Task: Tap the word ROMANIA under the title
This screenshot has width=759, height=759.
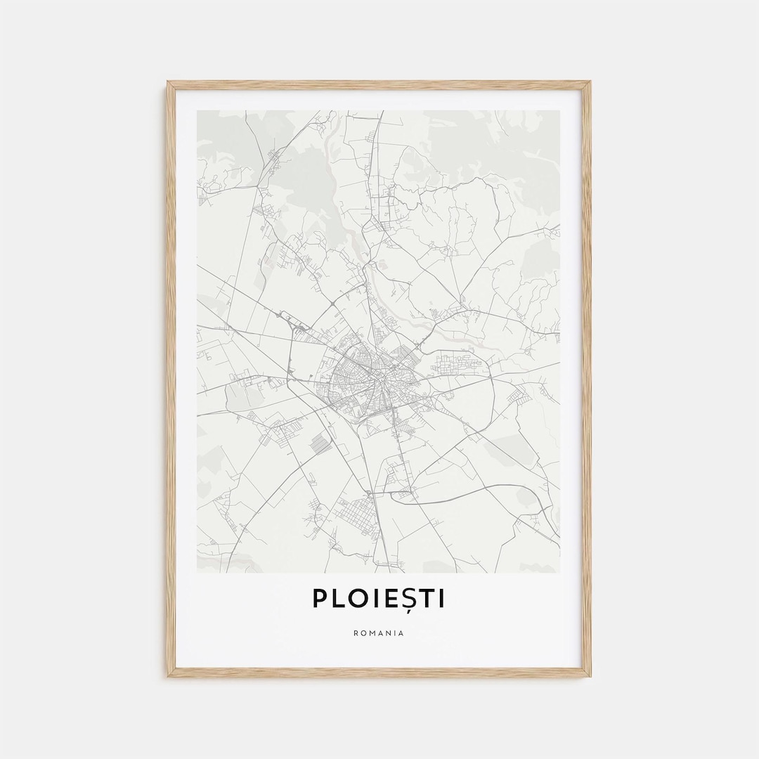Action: tap(379, 633)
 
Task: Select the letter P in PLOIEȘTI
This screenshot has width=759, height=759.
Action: tap(320, 598)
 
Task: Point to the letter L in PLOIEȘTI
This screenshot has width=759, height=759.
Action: tap(337, 598)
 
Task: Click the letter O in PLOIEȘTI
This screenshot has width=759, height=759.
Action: tap(357, 598)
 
